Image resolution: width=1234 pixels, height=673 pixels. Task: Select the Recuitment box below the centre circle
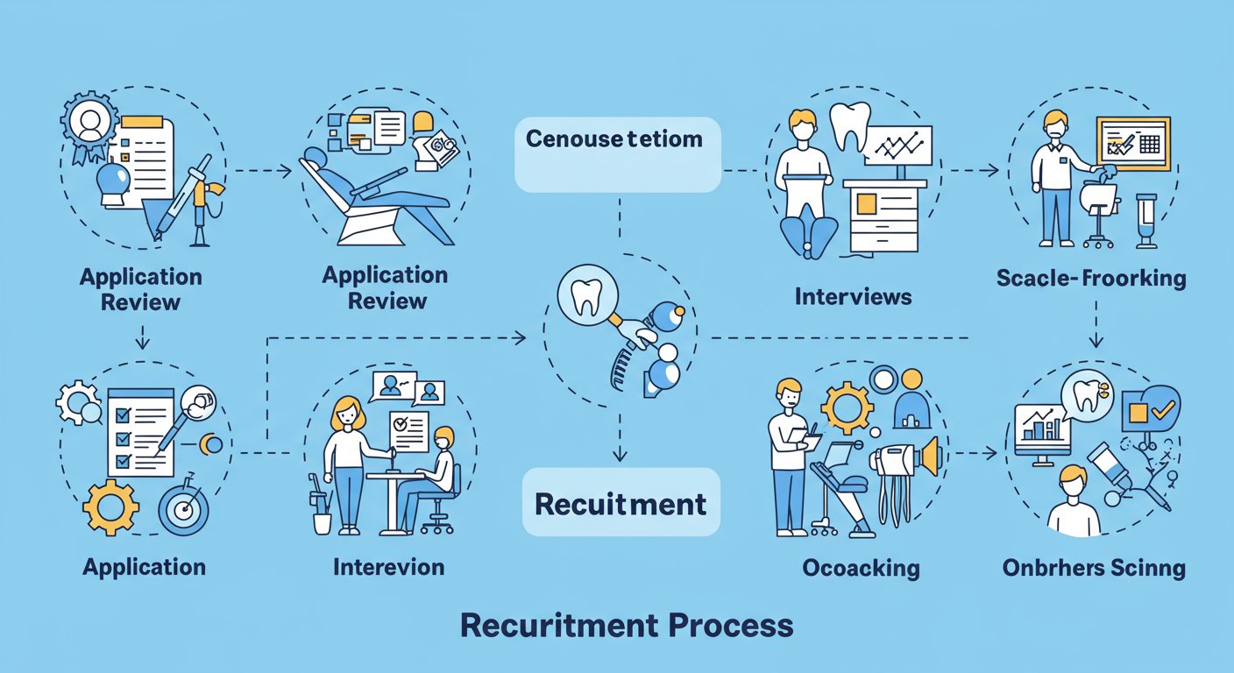[x=621, y=503]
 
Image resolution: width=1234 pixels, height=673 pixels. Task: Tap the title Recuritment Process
[x=626, y=626]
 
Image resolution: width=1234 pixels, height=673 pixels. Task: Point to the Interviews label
[x=853, y=296]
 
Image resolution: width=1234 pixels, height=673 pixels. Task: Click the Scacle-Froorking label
[x=1090, y=280]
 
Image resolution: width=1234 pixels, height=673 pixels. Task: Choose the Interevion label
[x=388, y=566]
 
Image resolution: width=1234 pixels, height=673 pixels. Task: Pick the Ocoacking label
[x=861, y=568]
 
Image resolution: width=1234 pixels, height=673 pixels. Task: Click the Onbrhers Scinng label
[x=1093, y=568]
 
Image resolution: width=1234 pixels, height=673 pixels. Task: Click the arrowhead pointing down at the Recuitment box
[x=620, y=454]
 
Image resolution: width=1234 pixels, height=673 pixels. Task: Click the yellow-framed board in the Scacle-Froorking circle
[x=1132, y=143]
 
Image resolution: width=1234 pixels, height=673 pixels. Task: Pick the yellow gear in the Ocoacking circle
[x=846, y=409]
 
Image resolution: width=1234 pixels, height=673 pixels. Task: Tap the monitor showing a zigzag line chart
[x=897, y=145]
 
